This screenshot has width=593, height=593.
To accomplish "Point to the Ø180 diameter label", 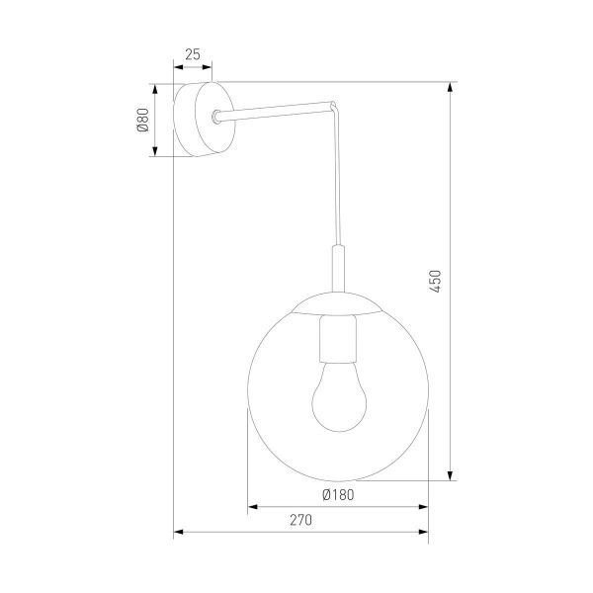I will [x=337, y=494].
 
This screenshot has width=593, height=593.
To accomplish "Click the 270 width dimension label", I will [x=300, y=520].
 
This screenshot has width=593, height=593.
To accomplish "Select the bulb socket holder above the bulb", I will [x=337, y=338].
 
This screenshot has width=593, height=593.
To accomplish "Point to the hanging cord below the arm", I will [x=341, y=178].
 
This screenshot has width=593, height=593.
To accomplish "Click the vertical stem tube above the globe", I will [x=338, y=272].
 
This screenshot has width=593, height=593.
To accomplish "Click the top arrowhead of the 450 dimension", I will [x=451, y=87].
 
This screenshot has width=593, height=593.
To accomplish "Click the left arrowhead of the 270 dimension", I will [x=179, y=534].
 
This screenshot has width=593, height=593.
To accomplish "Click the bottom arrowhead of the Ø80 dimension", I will [x=155, y=151].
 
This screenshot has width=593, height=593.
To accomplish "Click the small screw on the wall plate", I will [x=214, y=119].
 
